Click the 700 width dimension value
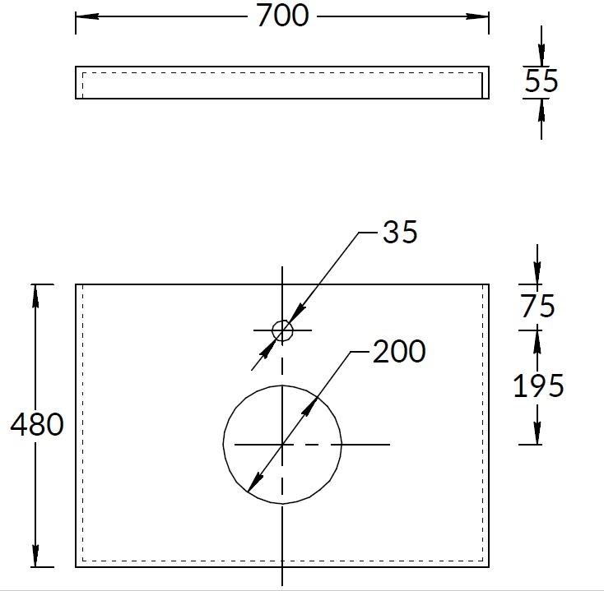pyautogui.click(x=282, y=16)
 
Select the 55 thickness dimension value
pyautogui.click(x=541, y=81)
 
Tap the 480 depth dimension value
pyautogui.click(x=36, y=425)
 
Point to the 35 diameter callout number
pyautogui.click(x=400, y=233)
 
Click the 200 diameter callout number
pyautogui.click(x=399, y=352)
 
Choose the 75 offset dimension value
pyautogui.click(x=537, y=306)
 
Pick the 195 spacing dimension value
pyautogui.click(x=538, y=385)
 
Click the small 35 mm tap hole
pyautogui.click(x=282, y=330)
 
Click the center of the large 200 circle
pyautogui.click(x=282, y=444)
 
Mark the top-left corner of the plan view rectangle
pyautogui.click(x=77, y=285)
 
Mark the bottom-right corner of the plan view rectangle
pyautogui.click(x=489, y=566)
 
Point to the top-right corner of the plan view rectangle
pyautogui.click(x=489, y=285)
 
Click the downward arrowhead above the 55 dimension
pyautogui.click(x=541, y=58)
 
